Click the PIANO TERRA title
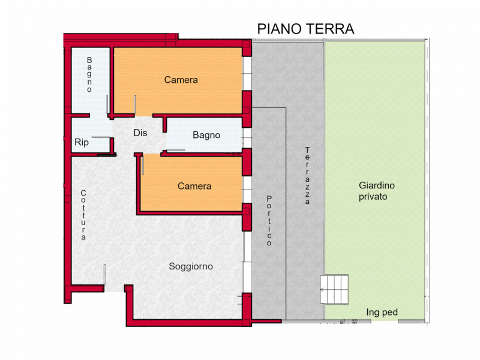click(305, 29)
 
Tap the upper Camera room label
click(181, 80)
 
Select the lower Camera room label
click(194, 186)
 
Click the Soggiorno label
click(191, 266)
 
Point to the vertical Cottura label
click(83, 215)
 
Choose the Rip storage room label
click(82, 143)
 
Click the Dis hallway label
click(140, 133)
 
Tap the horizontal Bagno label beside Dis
click(206, 135)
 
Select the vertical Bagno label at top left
click(89, 74)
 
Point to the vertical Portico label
click(269, 221)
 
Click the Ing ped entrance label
click(382, 312)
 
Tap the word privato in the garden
click(373, 196)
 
